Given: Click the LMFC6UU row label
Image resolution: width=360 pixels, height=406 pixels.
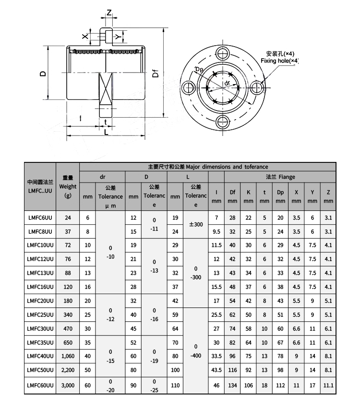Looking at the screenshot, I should click(40, 218).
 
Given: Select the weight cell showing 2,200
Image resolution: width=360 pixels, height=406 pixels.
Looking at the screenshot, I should click(67, 370).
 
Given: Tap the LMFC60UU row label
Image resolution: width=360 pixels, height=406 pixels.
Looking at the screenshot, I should click(40, 386).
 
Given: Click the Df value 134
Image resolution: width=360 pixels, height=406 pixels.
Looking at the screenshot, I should click(232, 386).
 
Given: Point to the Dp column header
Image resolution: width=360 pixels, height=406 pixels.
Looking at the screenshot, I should click(280, 197).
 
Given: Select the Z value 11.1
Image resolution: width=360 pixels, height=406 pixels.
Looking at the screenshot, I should click(328, 386).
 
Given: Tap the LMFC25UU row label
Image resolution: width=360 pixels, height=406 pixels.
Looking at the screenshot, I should click(40, 315).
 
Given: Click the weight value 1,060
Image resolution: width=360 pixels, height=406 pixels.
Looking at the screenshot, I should click(67, 357).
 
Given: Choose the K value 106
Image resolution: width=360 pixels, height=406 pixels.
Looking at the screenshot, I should click(248, 386).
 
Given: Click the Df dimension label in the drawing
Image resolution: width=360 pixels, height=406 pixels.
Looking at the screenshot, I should click(155, 74).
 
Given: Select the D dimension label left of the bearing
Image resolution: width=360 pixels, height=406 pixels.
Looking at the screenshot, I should click(43, 74).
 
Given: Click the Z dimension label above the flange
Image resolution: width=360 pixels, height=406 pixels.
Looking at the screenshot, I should click(109, 13).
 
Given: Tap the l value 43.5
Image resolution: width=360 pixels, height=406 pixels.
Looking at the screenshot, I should click(216, 370).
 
